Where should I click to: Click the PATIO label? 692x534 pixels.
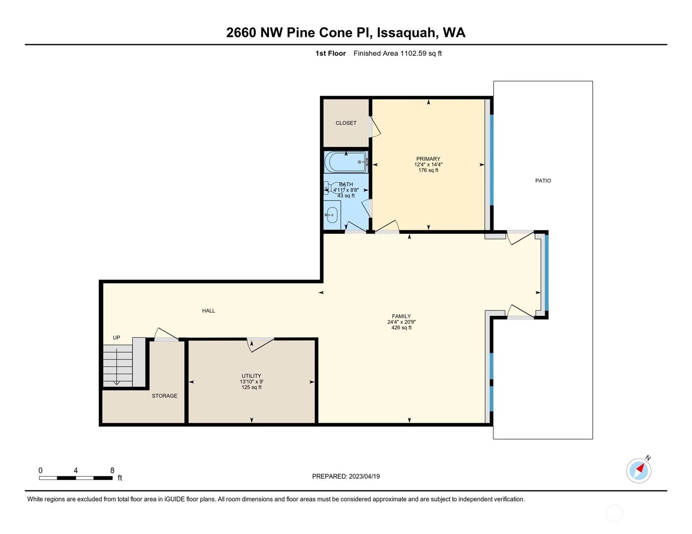pos(543,181)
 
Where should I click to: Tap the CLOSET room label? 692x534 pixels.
pos(346,123)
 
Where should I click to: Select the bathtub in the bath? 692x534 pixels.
pos(346,162)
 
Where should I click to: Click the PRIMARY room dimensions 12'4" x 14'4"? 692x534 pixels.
pos(428,165)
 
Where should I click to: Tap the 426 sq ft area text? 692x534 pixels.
pos(401,327)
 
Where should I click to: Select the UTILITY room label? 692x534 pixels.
pos(251,376)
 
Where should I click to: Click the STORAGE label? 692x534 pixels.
pos(164,396)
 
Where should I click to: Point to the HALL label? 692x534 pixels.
pos(209,311)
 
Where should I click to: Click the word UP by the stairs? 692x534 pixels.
pos(116,338)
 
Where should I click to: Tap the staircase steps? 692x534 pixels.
pos(118,366)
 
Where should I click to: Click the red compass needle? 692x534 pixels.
pos(640,468)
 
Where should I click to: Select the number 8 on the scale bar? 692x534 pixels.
pos(112,470)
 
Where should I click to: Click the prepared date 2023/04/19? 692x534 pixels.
pos(364,477)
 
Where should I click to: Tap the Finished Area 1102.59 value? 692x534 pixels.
pos(413,54)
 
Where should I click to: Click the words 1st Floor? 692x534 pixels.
pos(331,54)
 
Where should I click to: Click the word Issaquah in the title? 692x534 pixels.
pos(406,33)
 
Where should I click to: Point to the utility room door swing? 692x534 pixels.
pos(260,345)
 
